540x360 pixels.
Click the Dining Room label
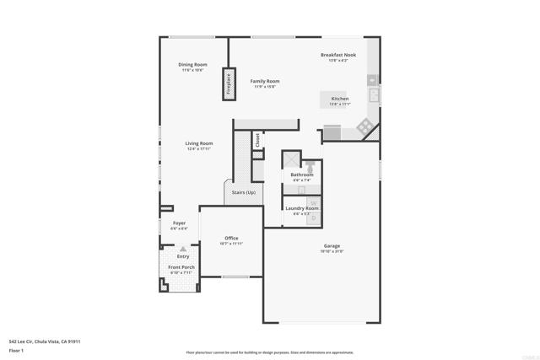click(192, 65)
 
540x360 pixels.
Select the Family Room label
click(264, 81)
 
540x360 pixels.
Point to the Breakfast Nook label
click(337, 55)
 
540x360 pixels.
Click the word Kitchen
click(339, 99)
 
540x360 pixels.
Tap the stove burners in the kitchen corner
click(364, 127)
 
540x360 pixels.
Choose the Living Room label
click(199, 143)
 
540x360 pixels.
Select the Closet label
click(257, 141)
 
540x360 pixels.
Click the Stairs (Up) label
click(239, 192)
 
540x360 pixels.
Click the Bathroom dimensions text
click(301, 180)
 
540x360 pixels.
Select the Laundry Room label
click(301, 207)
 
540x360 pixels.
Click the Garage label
click(331, 246)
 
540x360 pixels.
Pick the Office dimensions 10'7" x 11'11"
click(231, 244)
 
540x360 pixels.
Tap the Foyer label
click(179, 223)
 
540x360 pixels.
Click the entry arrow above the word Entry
click(183, 249)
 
